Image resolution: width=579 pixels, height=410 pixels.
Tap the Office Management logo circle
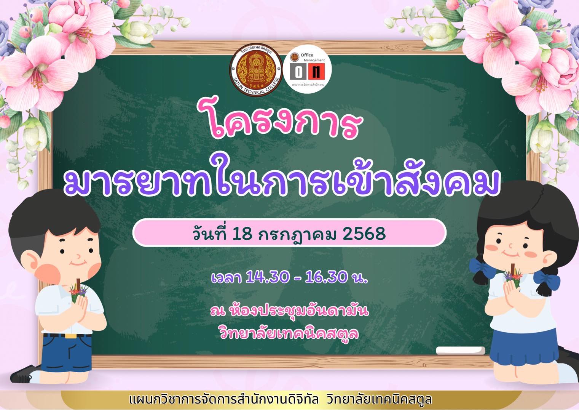[x=307, y=69]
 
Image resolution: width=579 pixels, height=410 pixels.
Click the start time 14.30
[x=267, y=277]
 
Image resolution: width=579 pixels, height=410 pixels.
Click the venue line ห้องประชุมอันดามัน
[x=298, y=311]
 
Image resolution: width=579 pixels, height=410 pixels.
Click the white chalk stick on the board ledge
[x=460, y=351]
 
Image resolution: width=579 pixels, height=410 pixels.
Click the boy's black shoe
[x=25, y=374]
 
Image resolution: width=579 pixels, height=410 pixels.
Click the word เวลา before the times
[x=226, y=278]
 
